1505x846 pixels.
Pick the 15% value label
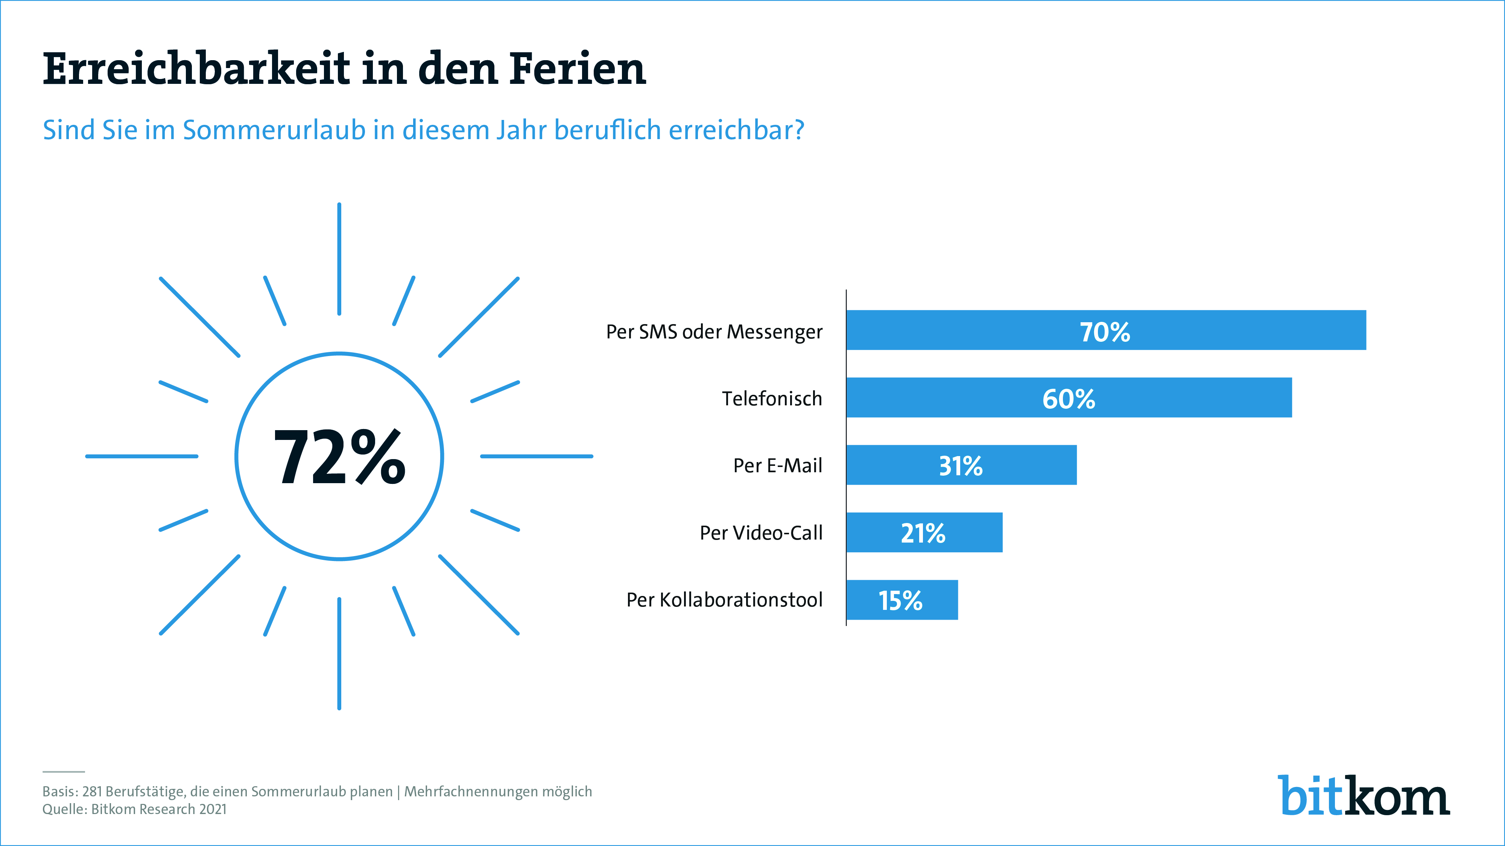click(x=900, y=600)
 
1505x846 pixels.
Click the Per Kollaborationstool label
click(x=724, y=600)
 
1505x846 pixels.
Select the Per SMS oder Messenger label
click(x=714, y=332)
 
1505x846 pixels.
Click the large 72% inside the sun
click(x=339, y=456)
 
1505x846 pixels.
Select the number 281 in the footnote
click(x=92, y=792)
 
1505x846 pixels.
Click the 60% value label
click(x=1069, y=399)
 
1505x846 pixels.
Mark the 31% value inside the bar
click(x=961, y=466)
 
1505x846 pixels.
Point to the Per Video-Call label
click(x=761, y=532)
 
